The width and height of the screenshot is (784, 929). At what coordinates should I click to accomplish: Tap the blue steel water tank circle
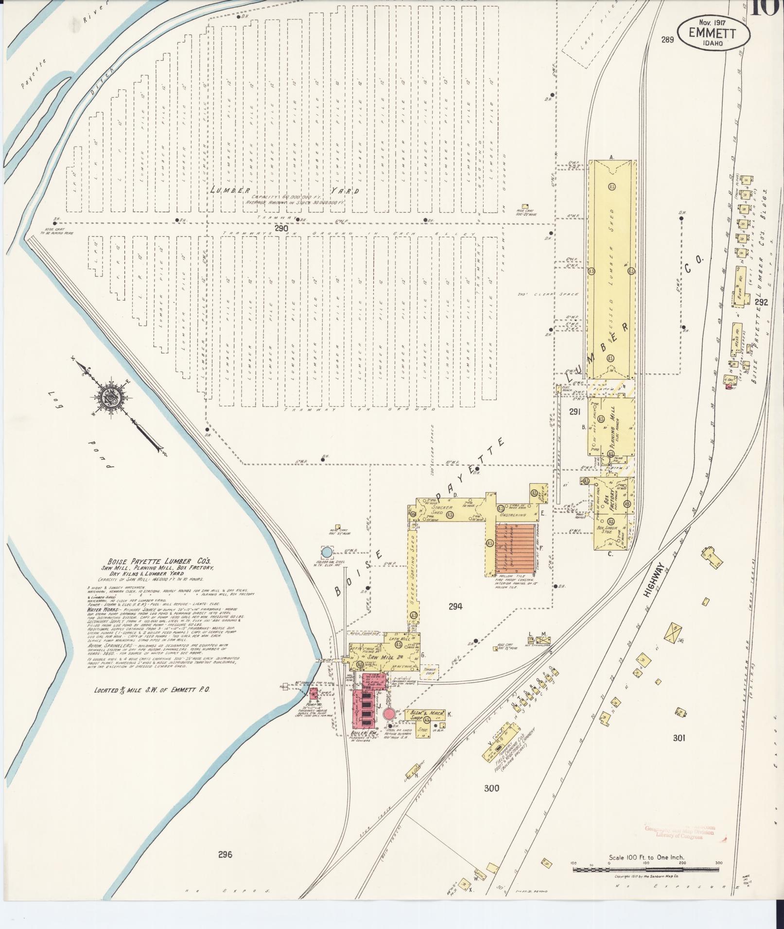coord(327,552)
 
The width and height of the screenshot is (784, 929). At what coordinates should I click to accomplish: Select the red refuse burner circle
coord(389,713)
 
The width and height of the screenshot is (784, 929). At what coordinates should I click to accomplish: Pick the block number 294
coord(455,606)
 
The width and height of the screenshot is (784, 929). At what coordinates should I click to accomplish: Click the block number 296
coord(226,868)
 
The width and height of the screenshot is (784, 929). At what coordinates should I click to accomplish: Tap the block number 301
coord(679,752)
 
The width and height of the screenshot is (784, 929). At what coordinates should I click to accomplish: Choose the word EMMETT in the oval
coord(712,33)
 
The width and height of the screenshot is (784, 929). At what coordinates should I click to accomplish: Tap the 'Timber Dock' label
coord(430,671)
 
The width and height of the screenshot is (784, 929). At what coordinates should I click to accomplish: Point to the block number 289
coord(667,40)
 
